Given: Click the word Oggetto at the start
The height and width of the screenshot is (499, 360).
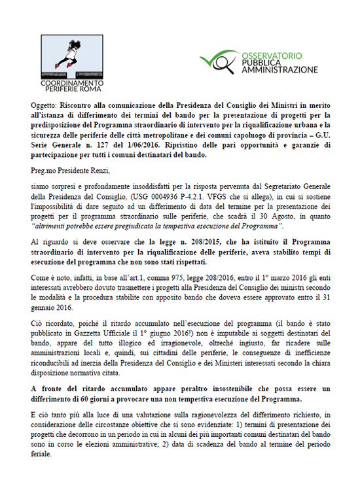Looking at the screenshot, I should (x=45, y=103).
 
